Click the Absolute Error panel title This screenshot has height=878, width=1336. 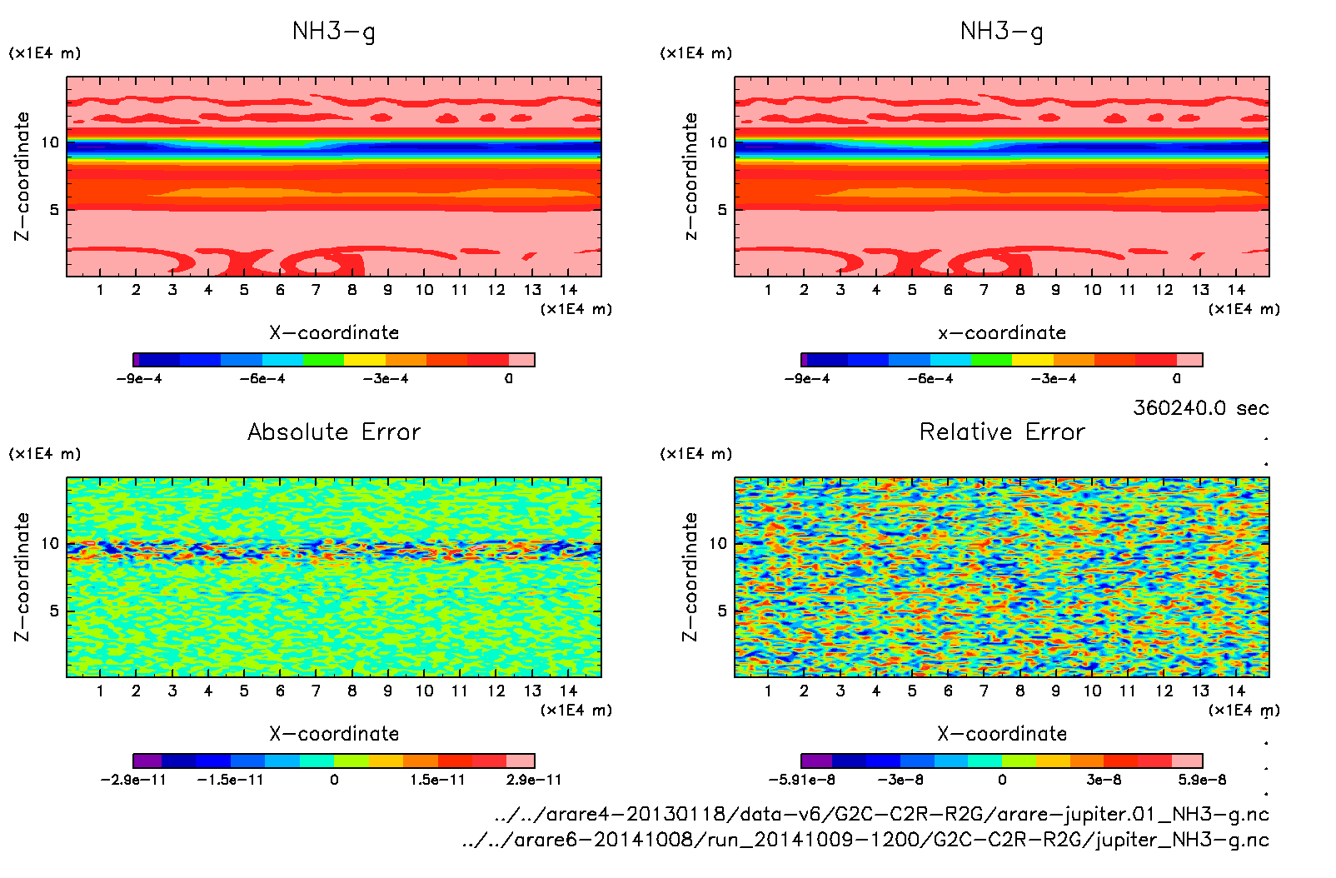[x=334, y=432]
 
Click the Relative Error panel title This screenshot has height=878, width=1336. [x=1002, y=432]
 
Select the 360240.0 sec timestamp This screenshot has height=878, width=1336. [x=1200, y=408]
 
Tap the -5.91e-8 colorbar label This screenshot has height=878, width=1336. [x=801, y=780]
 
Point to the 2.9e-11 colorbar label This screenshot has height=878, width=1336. [x=534, y=780]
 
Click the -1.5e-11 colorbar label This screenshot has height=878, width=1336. [x=230, y=780]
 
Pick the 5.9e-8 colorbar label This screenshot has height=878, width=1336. [x=1202, y=780]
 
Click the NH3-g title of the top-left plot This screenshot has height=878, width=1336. [x=333, y=32]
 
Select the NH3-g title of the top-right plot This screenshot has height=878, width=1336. [x=1001, y=32]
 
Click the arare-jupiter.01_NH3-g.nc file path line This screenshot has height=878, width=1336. [x=881, y=814]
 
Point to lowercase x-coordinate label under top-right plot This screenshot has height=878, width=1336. [x=1002, y=333]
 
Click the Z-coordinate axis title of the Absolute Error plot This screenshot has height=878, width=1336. [x=22, y=576]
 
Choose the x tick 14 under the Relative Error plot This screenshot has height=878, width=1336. [x=1236, y=691]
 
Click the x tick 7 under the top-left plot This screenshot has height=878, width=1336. [x=316, y=290]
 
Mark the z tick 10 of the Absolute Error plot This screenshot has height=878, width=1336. [x=51, y=544]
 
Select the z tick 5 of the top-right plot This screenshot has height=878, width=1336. [x=722, y=210]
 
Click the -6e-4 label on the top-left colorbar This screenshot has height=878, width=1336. [x=262, y=379]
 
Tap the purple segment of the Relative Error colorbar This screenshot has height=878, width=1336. [x=816, y=761]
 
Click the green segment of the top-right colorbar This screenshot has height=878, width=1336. [x=991, y=360]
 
